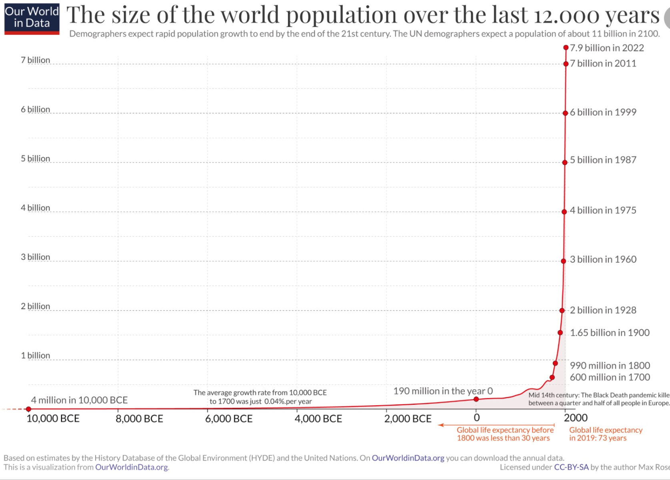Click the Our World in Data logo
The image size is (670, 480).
tap(32, 19)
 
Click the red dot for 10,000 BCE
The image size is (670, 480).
tap(28, 409)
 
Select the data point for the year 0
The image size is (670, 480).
tap(476, 399)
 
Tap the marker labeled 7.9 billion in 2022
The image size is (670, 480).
tap(566, 48)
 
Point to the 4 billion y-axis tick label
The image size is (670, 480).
tap(36, 208)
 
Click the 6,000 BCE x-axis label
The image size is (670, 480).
tap(229, 419)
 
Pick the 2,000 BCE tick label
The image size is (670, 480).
tap(408, 419)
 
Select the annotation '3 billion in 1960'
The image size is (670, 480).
tap(603, 259)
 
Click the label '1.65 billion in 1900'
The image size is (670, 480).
tap(610, 332)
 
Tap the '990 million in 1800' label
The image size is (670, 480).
tap(610, 365)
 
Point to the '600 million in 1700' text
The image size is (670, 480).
tap(610, 377)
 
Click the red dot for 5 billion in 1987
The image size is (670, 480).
tap(565, 162)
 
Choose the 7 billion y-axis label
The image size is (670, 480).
tap(36, 60)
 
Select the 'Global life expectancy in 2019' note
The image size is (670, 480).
tap(606, 434)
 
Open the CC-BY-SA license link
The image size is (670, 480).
tap(571, 467)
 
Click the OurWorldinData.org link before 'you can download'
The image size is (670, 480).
tap(408, 458)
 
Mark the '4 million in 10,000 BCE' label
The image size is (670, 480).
tap(79, 400)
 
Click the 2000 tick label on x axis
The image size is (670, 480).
tap(576, 418)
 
